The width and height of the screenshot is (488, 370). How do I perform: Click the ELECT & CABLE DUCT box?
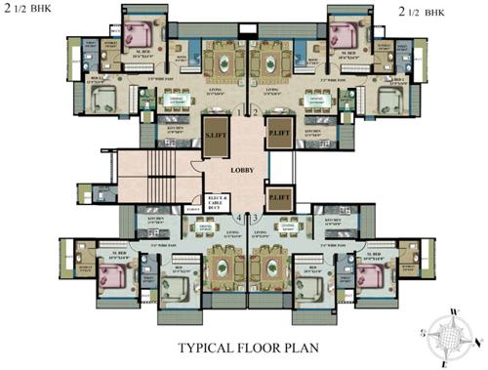pyautogui.click(x=217, y=203)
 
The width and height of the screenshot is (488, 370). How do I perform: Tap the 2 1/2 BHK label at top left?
pyautogui.click(x=33, y=11)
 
